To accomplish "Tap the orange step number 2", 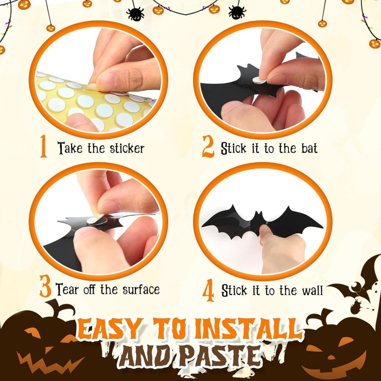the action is (x=208, y=147).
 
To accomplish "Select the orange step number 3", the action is (x=45, y=286).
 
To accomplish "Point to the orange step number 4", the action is (x=208, y=290).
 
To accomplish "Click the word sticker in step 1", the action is (x=127, y=148).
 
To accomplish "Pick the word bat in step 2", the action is (x=309, y=148).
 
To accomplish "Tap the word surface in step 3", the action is (x=141, y=289).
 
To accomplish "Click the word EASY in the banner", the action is (x=110, y=330).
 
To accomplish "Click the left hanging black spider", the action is (x=135, y=14).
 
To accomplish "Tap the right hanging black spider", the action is (x=237, y=12).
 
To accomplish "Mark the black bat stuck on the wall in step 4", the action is (x=262, y=221).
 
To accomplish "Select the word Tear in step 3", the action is (x=67, y=289).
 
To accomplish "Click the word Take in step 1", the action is (x=70, y=148).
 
